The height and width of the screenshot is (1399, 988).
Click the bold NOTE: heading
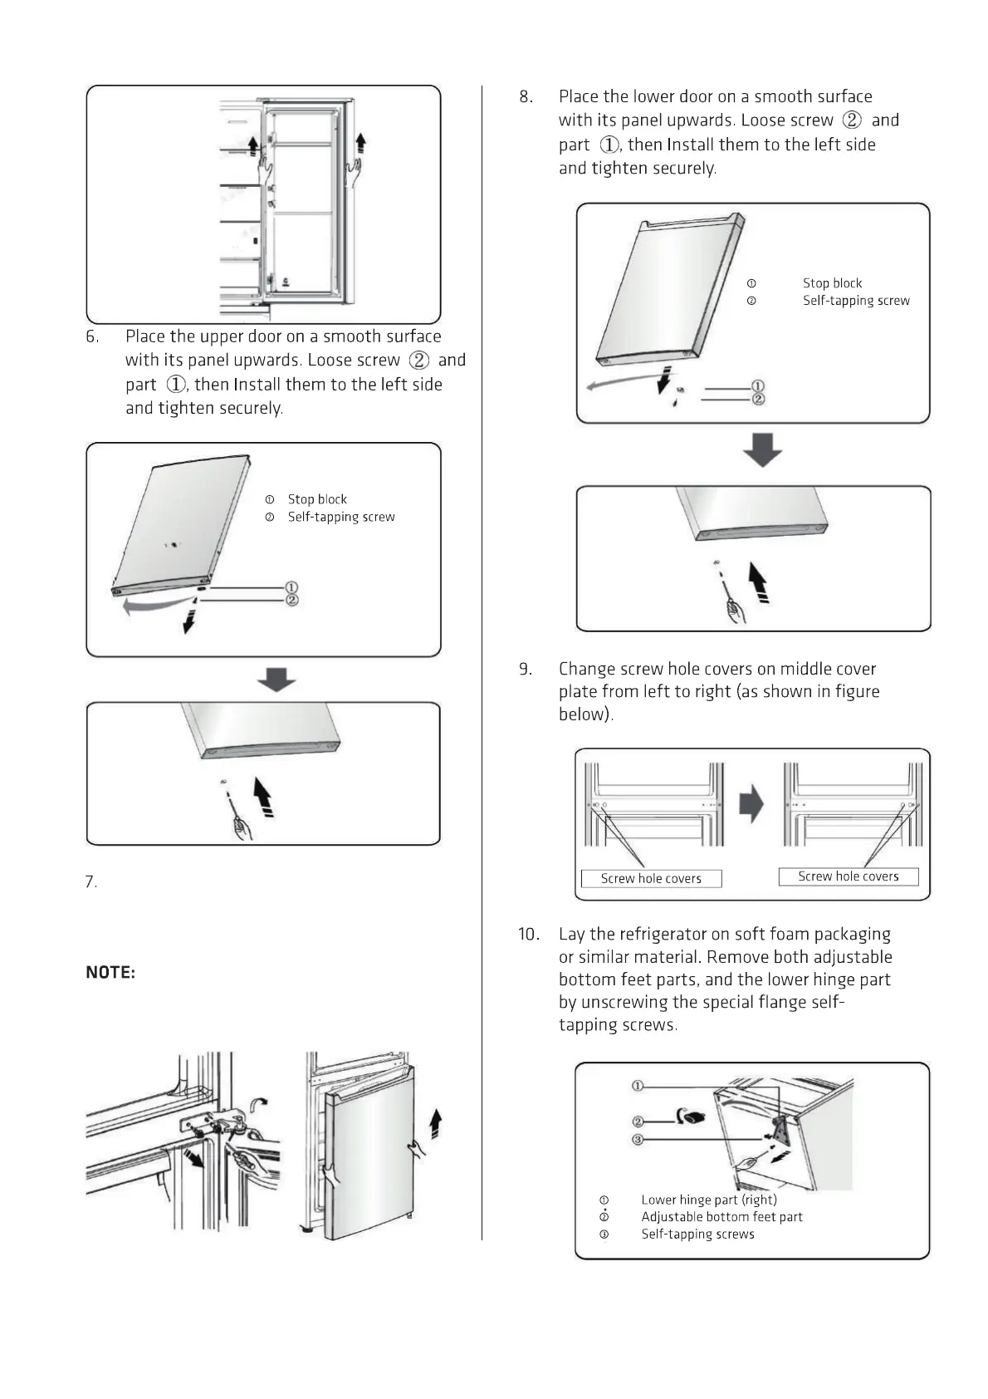click(110, 972)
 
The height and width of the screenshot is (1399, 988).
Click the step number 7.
click(91, 882)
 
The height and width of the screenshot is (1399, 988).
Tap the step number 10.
click(529, 935)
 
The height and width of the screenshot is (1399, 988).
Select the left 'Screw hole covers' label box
click(651, 878)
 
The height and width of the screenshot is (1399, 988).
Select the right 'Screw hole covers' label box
click(848, 876)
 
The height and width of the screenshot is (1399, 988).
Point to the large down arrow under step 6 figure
click(276, 680)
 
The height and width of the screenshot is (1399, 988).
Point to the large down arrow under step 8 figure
click(761, 449)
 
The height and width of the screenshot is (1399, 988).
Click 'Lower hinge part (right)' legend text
click(709, 1200)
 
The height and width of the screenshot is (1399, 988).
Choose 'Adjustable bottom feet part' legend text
click(721, 1217)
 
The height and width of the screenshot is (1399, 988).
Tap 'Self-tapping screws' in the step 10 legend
click(697, 1235)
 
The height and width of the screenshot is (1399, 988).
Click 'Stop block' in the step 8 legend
click(832, 283)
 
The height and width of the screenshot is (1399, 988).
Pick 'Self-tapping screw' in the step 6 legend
click(341, 517)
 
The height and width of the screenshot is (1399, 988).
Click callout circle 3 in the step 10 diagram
click(638, 1140)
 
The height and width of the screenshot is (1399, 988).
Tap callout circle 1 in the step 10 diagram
click(638, 1087)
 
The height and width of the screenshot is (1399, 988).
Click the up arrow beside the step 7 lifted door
click(435, 1124)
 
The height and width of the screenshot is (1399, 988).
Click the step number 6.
click(92, 336)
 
